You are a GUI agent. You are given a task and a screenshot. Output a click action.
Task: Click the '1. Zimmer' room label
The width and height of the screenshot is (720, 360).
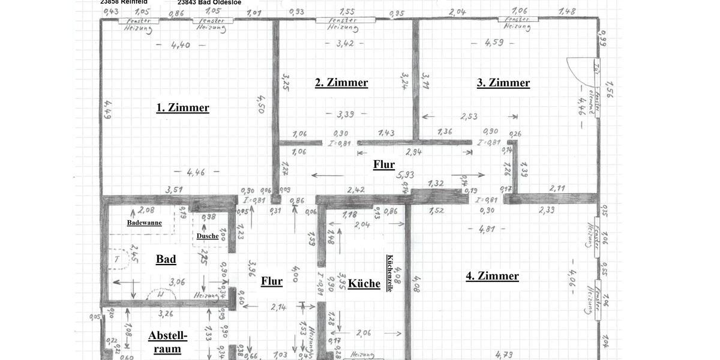click(x=183, y=107)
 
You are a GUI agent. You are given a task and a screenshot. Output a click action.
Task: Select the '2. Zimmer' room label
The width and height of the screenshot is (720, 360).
click(x=341, y=83)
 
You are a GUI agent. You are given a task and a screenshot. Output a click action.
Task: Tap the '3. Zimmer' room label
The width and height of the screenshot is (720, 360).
click(x=503, y=83)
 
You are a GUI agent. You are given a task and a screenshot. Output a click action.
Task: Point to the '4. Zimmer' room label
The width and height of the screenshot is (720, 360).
click(x=492, y=276)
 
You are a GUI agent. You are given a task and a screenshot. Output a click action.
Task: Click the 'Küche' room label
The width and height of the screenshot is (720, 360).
click(x=364, y=283)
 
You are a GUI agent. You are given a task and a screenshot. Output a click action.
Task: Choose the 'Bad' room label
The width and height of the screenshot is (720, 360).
click(x=166, y=259)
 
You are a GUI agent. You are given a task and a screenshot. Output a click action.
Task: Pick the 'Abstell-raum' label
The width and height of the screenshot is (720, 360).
click(x=167, y=342)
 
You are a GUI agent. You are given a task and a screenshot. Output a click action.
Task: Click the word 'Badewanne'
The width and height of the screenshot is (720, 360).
click(x=144, y=223)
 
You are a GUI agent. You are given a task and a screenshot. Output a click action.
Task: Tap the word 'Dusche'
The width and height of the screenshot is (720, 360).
click(x=208, y=236)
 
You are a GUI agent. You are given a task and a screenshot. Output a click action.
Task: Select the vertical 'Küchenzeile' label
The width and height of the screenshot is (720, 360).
click(x=389, y=273)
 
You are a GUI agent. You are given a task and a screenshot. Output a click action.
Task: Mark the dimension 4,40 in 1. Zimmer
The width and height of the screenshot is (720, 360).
click(x=180, y=44)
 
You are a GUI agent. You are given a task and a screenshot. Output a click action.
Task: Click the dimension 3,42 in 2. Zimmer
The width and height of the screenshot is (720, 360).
click(x=345, y=43)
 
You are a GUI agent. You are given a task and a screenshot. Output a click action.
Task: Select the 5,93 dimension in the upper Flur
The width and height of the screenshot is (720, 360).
click(x=406, y=175)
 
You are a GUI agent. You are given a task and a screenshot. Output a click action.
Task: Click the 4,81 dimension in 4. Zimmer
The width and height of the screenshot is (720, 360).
click(x=486, y=229)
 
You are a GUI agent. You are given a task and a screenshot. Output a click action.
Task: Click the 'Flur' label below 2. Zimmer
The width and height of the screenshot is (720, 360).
click(x=384, y=164)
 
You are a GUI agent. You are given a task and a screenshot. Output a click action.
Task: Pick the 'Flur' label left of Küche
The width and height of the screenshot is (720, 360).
click(x=272, y=281)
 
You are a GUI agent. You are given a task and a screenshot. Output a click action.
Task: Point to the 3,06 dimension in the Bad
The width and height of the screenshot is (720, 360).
click(x=176, y=281)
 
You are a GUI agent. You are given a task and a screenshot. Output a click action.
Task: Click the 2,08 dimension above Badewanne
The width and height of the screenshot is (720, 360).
click(x=146, y=210)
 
